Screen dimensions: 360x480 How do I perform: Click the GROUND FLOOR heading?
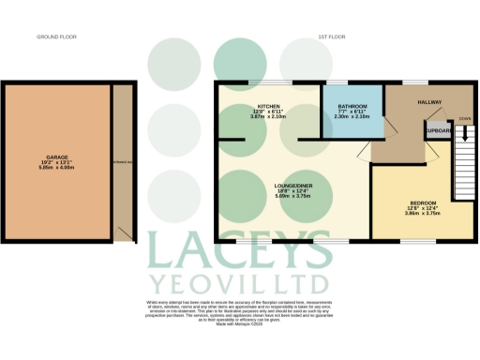(55, 38)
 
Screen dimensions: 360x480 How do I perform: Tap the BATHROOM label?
(352, 107)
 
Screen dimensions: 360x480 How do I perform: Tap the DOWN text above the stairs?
(464, 119)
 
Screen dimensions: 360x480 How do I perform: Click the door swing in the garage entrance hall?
(124, 230)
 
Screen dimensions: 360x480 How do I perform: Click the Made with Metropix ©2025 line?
(240, 327)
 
